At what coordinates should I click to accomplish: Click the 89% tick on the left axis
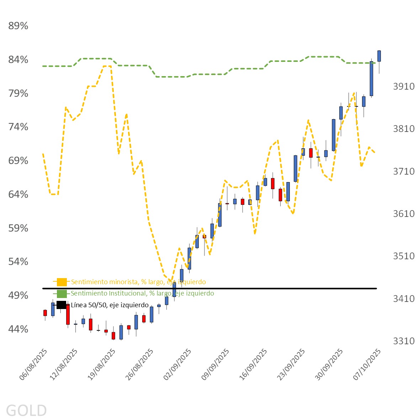coord(18,26)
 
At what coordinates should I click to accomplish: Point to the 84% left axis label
coord(18,59)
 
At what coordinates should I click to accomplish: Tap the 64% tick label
coord(18,194)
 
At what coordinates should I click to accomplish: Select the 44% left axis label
coord(18,329)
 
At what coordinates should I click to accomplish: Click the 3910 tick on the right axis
coord(404,86)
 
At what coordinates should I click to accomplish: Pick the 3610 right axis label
coord(404,214)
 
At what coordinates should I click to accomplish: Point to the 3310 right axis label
coord(404,341)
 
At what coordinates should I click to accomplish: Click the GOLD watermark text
coord(26,410)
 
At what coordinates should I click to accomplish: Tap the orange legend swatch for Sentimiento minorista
coord(62,282)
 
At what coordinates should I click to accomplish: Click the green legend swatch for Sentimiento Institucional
coord(62,293)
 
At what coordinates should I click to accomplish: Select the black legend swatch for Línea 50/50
coord(62,305)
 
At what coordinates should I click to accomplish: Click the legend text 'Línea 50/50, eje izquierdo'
coord(110,305)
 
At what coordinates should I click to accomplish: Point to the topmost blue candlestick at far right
coord(379,56)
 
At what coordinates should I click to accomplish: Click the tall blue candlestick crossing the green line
coord(371,79)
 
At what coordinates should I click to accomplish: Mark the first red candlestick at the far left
coord(45,313)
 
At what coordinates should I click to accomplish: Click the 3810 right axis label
coord(404,129)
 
